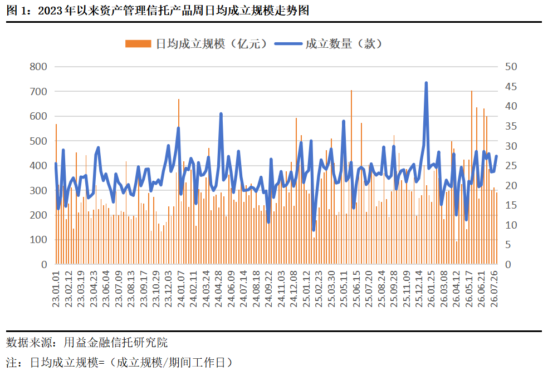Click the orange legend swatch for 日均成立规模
tap(138, 44)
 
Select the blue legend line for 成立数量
tap(288, 44)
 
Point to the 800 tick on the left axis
tap(38, 67)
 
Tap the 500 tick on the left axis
tap(38, 141)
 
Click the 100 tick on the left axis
tap(38, 240)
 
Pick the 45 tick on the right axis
tap(511, 86)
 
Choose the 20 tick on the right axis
tap(511, 186)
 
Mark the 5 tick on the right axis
tap(508, 245)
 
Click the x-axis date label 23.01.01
tap(56, 289)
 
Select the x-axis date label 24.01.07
tap(182, 289)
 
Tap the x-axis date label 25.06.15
tap(356, 289)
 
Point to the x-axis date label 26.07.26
tap(494, 289)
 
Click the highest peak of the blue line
tap(426, 83)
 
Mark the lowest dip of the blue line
tap(314, 230)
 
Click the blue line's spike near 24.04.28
tap(221, 114)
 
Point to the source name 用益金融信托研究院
tap(116, 343)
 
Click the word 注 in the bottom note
tap(12, 363)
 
